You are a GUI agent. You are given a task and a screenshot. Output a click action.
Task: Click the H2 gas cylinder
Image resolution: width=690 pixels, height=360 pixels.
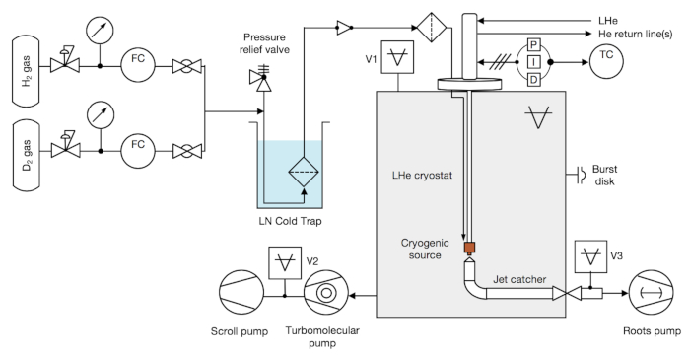tap(26, 72)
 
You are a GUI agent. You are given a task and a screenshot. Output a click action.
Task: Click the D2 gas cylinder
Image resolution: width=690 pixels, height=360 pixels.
tap(26, 156)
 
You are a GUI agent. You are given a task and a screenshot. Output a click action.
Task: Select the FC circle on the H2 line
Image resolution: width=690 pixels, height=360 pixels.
tap(138, 66)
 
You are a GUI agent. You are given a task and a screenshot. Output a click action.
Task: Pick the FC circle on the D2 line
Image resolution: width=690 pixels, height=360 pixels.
tap(138, 151)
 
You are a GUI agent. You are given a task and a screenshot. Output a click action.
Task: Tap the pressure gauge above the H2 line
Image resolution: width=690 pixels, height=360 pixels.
tap(100, 30)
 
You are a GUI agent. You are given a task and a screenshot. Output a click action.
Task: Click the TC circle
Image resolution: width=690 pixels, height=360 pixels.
tap(606, 62)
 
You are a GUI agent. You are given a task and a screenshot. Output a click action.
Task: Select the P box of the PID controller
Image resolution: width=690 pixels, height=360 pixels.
tap(534, 45)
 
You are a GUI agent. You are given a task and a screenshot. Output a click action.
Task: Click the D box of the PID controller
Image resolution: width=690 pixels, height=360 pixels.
tap(534, 80)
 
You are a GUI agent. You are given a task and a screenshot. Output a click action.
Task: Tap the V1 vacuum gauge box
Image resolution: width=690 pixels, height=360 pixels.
tap(397, 57)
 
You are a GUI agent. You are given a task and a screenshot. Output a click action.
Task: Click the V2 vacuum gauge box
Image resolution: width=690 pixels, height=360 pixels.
tap(285, 263)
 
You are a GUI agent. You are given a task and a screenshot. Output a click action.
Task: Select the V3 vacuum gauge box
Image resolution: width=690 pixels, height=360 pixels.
tap(590, 256)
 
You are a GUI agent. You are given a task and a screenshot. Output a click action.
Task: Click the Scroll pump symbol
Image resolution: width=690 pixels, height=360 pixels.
tap(241, 293)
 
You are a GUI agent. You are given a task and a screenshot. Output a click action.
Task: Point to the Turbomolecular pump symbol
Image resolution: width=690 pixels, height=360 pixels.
tap(326, 293)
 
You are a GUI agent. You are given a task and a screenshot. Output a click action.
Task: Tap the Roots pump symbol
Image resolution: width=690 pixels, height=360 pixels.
tap(652, 293)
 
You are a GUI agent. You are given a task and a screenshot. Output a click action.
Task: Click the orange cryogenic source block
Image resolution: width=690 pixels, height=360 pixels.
tap(469, 249)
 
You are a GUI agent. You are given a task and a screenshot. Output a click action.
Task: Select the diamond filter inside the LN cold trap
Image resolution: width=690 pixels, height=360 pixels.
tap(304, 172)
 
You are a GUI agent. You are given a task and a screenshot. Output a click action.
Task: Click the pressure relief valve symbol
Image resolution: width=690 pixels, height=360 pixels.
tap(262, 78)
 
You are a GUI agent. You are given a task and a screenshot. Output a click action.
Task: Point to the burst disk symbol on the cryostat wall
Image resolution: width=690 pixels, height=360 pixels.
tap(578, 176)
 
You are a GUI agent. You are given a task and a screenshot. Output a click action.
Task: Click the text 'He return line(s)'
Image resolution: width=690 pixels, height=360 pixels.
tap(635, 34)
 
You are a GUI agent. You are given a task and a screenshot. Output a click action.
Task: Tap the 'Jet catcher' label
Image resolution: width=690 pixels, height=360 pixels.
tap(519, 279)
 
